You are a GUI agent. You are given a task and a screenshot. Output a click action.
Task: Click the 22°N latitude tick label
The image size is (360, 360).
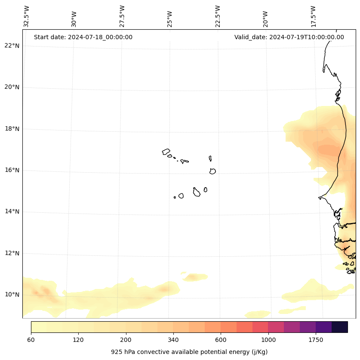point(12,46)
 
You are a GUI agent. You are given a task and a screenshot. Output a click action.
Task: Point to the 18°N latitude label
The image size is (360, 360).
point(12,129)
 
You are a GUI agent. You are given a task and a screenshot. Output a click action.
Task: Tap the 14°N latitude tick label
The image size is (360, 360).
point(12,211)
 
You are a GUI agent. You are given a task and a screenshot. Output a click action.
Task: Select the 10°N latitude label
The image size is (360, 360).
point(12,295)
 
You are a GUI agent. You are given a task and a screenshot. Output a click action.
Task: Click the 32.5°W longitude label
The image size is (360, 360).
point(27,16)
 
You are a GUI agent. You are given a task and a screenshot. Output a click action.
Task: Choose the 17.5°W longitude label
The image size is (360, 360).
point(313,16)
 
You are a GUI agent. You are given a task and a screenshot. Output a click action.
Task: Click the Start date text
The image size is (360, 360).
point(83,37)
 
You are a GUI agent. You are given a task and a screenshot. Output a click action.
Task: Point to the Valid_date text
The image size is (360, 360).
point(289,37)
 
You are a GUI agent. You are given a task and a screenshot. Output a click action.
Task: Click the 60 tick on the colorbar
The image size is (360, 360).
point(31,340)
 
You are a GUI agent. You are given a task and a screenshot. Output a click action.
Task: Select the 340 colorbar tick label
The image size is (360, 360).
point(173,340)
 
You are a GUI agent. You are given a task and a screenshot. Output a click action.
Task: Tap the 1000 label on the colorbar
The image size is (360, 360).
point(268,340)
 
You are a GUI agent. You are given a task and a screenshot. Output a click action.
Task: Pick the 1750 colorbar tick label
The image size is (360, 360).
point(316,340)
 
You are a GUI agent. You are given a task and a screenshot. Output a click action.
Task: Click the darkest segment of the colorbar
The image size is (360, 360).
point(339,327)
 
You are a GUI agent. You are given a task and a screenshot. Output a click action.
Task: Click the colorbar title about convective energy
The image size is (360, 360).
point(189,352)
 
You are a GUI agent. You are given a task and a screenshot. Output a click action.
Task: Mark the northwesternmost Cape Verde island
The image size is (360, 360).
point(166,152)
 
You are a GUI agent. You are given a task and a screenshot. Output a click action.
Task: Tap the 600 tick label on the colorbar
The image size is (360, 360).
point(221,340)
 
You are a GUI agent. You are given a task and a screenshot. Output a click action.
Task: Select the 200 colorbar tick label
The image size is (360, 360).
point(126,340)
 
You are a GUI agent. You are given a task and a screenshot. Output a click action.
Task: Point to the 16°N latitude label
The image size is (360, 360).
point(12,170)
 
